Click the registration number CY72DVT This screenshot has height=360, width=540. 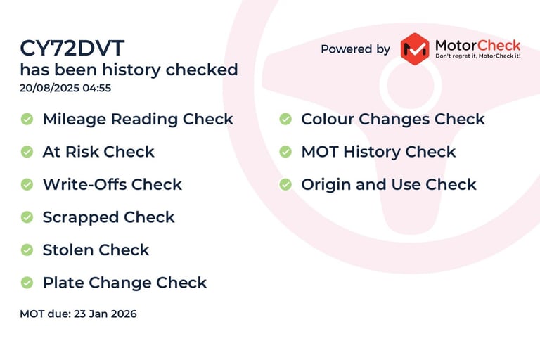(72, 49)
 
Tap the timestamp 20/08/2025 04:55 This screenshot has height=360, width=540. (65, 88)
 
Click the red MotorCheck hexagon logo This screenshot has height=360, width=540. (415, 49)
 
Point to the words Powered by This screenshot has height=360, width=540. (355, 49)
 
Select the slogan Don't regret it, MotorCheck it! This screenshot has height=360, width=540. (478, 56)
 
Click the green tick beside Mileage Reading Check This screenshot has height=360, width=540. (27, 120)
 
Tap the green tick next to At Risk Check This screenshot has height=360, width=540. (27, 152)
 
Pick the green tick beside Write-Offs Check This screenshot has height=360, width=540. (27, 185)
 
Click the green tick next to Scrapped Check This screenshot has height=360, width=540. (27, 217)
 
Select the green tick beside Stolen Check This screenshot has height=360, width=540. (27, 250)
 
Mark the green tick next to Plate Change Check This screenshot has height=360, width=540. (27, 283)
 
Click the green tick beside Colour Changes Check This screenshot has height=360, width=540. (285, 120)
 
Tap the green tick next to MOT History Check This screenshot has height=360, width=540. (285, 152)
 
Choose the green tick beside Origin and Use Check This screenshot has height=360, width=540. (285, 185)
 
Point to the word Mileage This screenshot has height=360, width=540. (75, 120)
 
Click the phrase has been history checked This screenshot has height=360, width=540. (129, 70)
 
